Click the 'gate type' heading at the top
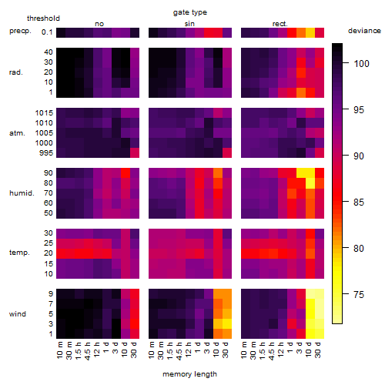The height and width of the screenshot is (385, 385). click(x=190, y=12)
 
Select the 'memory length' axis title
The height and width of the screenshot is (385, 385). click(x=189, y=374)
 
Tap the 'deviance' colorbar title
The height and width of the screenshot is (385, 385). click(x=364, y=31)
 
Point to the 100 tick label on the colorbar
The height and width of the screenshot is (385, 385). click(x=361, y=63)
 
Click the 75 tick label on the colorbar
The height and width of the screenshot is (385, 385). click(x=359, y=294)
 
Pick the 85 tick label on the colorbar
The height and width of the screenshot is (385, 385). click(x=359, y=203)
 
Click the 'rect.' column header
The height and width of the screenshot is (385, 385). click(x=280, y=24)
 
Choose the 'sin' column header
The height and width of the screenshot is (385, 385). click(x=189, y=24)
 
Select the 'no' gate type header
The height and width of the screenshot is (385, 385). click(x=99, y=24)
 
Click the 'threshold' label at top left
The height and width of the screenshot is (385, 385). click(x=43, y=18)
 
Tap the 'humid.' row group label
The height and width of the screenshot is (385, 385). click(x=22, y=193)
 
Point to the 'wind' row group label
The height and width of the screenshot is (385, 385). click(x=18, y=314)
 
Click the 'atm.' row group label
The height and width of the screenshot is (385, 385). click(x=17, y=133)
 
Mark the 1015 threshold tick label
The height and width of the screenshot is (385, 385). click(x=44, y=113)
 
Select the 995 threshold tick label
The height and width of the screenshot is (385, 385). click(x=46, y=153)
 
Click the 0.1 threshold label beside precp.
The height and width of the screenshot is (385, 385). click(x=47, y=32)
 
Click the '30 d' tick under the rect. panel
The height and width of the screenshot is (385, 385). click(x=318, y=350)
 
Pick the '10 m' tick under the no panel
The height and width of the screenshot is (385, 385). click(x=59, y=350)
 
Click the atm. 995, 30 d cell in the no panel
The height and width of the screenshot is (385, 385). click(x=135, y=153)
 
